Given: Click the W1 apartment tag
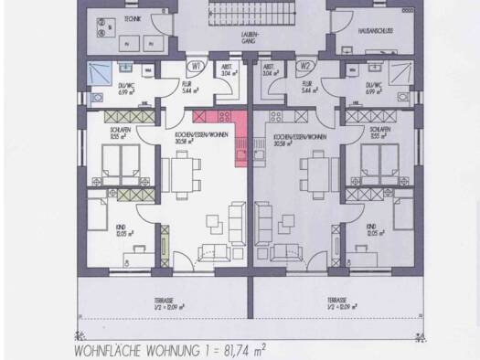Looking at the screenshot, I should [196, 66].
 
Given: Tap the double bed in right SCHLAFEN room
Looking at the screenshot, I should [374, 167].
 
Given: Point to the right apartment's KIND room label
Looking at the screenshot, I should [371, 229].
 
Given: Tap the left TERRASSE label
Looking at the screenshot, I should [165, 302].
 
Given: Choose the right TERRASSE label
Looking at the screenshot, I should [336, 302].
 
